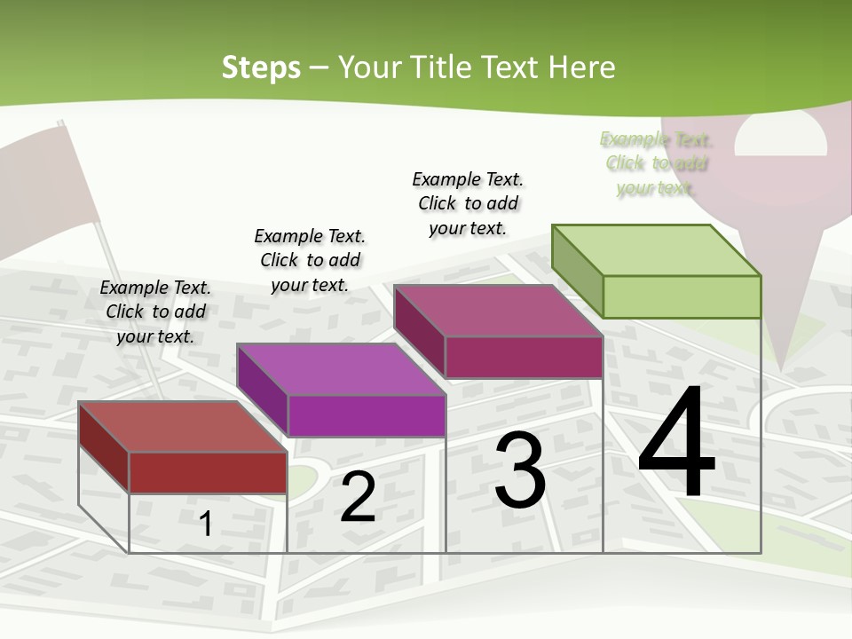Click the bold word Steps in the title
tap(261, 67)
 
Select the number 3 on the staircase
tap(519, 470)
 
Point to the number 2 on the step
tap(358, 497)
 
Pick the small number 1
tap(205, 524)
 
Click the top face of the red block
tap(182, 427)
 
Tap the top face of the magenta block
tap(498, 311)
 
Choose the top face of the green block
tap(656, 250)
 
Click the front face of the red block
tap(208, 472)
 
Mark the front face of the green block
tap(682, 296)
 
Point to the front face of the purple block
tap(366, 415)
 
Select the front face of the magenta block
tap(524, 357)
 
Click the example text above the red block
tap(155, 312)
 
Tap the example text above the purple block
tap(310, 260)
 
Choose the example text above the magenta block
tap(468, 203)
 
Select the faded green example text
tap(656, 163)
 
